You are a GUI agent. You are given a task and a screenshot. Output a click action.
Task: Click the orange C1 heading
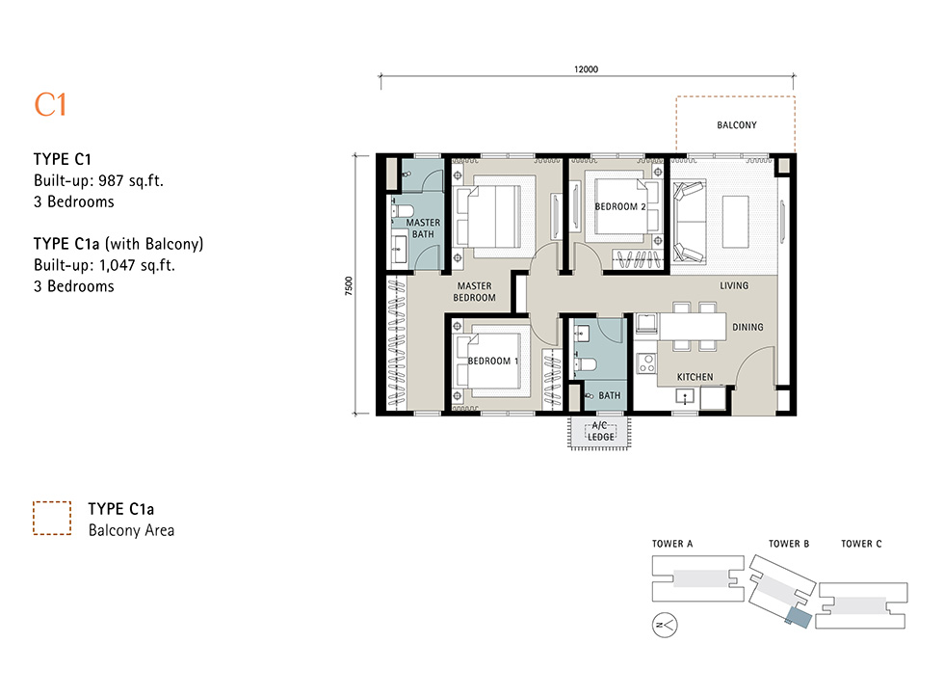[50, 105]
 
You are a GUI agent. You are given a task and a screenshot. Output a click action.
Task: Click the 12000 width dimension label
[586, 69]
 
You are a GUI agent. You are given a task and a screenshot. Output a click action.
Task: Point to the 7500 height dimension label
[349, 285]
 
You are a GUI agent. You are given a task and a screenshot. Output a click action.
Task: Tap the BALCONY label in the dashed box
[736, 125]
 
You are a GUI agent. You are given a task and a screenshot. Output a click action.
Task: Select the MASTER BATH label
[423, 228]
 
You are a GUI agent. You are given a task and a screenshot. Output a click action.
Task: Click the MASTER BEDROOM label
[474, 291]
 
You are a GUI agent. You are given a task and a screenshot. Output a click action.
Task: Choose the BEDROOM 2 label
[620, 206]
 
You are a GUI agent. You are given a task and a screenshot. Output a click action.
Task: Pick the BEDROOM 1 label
[493, 361]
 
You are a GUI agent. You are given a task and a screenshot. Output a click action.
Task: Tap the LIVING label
[734, 285]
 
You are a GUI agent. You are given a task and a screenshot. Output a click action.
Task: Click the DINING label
[747, 327]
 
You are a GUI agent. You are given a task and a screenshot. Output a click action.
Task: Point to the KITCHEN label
[695, 377]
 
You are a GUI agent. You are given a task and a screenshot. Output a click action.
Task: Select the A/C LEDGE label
[600, 431]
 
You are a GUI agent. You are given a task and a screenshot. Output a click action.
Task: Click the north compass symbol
[665, 626]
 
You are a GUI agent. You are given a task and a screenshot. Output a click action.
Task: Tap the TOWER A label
[672, 544]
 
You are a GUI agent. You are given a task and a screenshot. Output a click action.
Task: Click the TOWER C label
[861, 544]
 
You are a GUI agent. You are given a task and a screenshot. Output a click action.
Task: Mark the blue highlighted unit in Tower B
[799, 618]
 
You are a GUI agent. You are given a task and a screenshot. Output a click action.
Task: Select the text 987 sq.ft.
[131, 180]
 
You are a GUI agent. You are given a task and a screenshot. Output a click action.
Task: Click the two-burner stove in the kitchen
[646, 363]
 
